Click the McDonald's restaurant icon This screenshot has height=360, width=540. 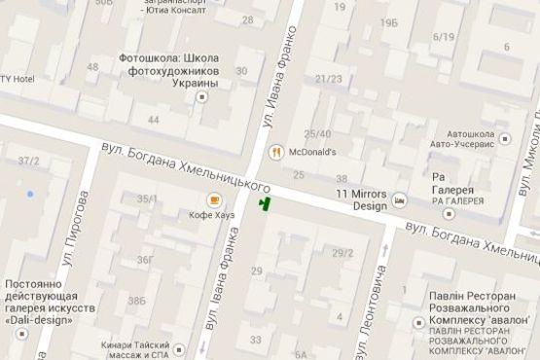[277, 151]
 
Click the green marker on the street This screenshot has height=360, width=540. [263, 202]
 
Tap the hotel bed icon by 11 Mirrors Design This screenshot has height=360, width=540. [399, 198]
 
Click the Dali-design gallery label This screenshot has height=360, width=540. [49, 301]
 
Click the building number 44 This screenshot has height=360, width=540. [153, 120]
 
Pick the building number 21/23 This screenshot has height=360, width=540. [328, 79]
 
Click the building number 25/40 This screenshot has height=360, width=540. [318, 133]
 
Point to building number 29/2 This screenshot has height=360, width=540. [342, 253]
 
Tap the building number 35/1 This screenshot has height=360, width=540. [148, 198]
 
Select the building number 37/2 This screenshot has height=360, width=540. [28, 161]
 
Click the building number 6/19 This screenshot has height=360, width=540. [444, 37]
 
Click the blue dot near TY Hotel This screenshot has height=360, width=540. [30, 195]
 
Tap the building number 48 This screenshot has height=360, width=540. [92, 67]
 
